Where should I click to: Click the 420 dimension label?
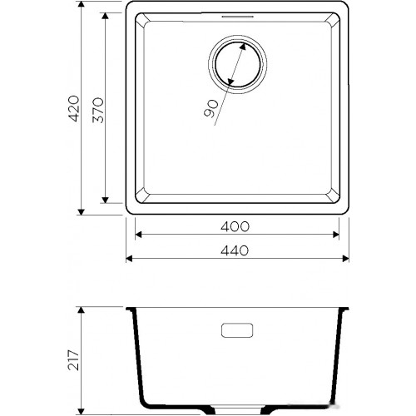coord(73,109)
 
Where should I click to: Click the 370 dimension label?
coord(98,110)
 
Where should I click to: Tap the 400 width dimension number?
coord(235,226)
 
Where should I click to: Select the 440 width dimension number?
coord(235,250)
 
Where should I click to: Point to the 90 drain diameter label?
coord(211,109)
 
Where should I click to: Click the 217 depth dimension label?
coord(73,360)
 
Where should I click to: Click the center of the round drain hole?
coord(237,64)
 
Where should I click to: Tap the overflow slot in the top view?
coord(237,17)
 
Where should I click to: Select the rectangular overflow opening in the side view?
coord(237,330)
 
